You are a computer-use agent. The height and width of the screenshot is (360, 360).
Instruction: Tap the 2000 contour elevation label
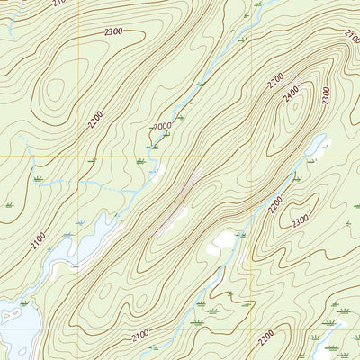163,127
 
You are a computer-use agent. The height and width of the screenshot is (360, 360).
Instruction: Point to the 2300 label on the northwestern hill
113,32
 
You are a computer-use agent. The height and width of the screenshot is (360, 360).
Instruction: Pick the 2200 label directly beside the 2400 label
274,82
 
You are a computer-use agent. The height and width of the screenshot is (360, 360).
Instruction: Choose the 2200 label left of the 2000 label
96,120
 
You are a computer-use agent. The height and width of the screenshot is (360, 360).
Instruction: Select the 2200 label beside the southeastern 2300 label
275,204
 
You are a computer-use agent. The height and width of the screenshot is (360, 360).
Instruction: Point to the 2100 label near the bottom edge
140,336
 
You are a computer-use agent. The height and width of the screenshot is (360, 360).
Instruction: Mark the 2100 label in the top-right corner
351,35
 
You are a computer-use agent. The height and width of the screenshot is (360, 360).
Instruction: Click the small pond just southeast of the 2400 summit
223,241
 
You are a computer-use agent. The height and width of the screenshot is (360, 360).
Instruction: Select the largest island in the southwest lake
12,315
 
